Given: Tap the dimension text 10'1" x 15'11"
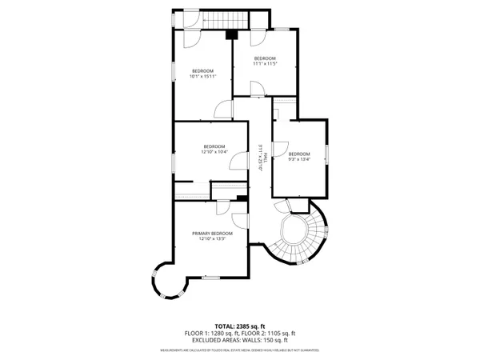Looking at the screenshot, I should point(203,77).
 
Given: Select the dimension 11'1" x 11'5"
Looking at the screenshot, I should point(265,64).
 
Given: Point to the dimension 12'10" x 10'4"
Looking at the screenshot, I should point(214,152).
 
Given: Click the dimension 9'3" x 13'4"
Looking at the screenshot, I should point(298,159).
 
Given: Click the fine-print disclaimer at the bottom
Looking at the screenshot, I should point(239,350).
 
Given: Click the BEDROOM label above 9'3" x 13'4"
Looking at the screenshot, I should point(298,154).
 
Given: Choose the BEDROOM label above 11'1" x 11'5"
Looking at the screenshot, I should point(265,58).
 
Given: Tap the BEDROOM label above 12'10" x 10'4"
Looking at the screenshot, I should point(214,146).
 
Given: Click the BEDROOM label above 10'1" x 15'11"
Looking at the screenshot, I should point(203,70).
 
